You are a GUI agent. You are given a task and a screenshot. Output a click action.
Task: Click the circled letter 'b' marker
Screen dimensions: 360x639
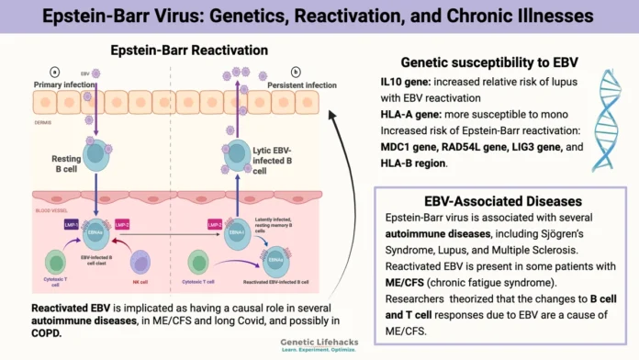coord(294,72)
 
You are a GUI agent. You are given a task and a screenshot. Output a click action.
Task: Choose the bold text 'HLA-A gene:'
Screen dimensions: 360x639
coord(416,115)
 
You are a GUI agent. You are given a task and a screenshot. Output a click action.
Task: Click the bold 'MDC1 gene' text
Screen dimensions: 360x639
coord(413,148)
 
